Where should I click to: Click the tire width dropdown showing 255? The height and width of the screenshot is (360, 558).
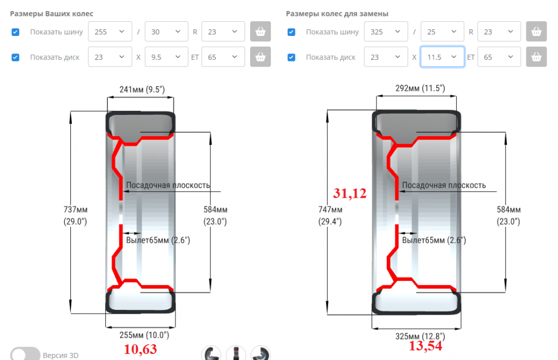(x=110, y=32)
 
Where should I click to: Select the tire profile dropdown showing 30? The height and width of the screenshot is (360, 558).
(x=167, y=32)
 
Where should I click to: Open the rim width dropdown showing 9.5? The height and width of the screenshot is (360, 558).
(x=167, y=57)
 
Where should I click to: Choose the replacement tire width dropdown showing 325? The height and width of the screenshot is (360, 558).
(x=386, y=32)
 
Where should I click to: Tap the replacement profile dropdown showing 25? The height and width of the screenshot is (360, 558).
(x=442, y=32)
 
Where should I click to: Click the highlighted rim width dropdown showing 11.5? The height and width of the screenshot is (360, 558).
(x=442, y=57)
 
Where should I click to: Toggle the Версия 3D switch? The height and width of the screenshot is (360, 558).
(x=25, y=355)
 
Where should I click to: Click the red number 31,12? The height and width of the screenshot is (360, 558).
(x=349, y=193)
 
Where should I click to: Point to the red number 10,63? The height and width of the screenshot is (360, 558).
(x=140, y=349)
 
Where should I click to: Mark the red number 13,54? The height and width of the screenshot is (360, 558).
(x=425, y=346)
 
